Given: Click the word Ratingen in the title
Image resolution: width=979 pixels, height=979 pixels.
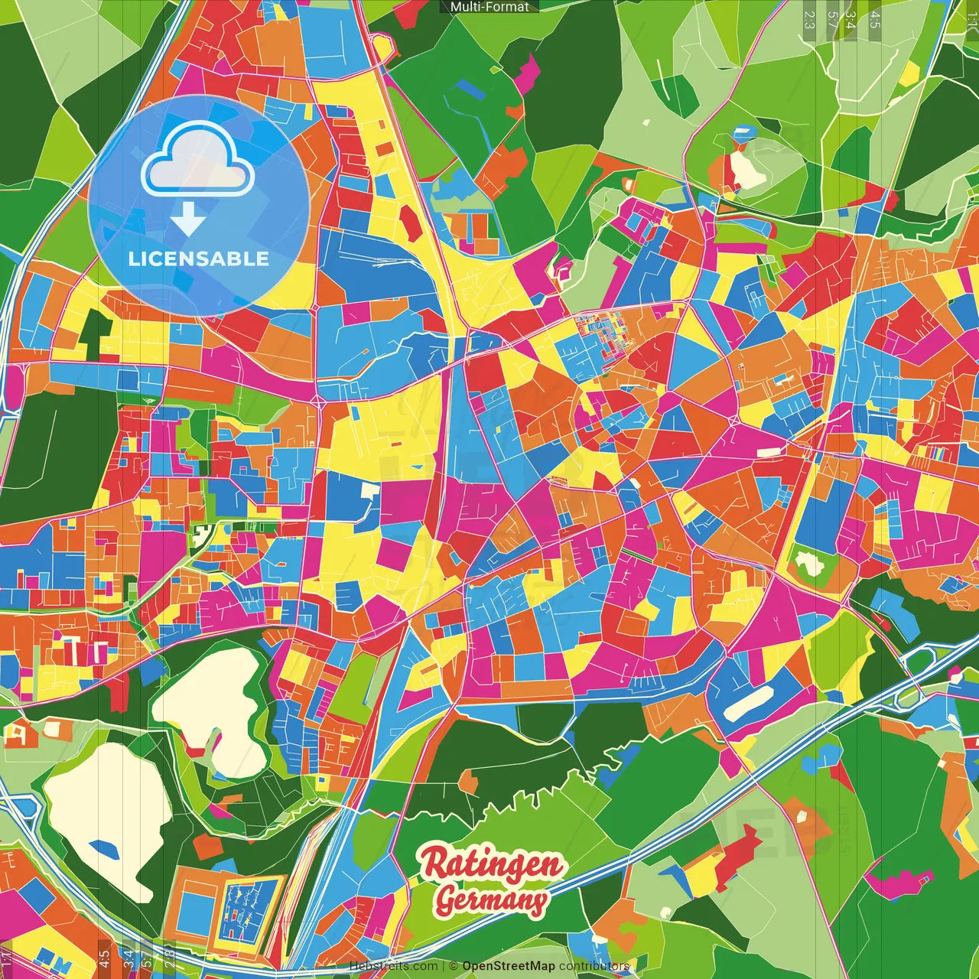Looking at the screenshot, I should (493, 864).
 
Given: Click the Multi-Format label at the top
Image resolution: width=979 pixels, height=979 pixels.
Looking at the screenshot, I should (489, 7).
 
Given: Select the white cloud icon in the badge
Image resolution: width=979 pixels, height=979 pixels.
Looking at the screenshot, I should (197, 159).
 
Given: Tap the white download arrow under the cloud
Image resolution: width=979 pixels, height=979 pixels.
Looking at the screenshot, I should (187, 219).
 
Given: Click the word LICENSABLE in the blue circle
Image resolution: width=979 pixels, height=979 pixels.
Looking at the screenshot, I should (199, 259).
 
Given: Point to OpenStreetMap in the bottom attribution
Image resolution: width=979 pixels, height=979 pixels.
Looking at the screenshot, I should (508, 966).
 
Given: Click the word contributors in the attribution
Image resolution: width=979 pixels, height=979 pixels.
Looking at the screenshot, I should (594, 966).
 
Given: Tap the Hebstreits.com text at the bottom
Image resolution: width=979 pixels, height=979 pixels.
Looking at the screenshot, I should (394, 966).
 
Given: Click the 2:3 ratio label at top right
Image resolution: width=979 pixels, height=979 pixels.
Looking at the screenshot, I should (809, 20).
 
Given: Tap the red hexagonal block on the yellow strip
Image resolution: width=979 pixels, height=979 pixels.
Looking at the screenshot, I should (409, 223).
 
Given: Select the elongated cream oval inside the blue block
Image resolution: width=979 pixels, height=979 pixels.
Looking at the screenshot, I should (748, 704).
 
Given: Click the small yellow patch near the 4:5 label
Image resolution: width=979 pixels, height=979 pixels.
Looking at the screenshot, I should (909, 73).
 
